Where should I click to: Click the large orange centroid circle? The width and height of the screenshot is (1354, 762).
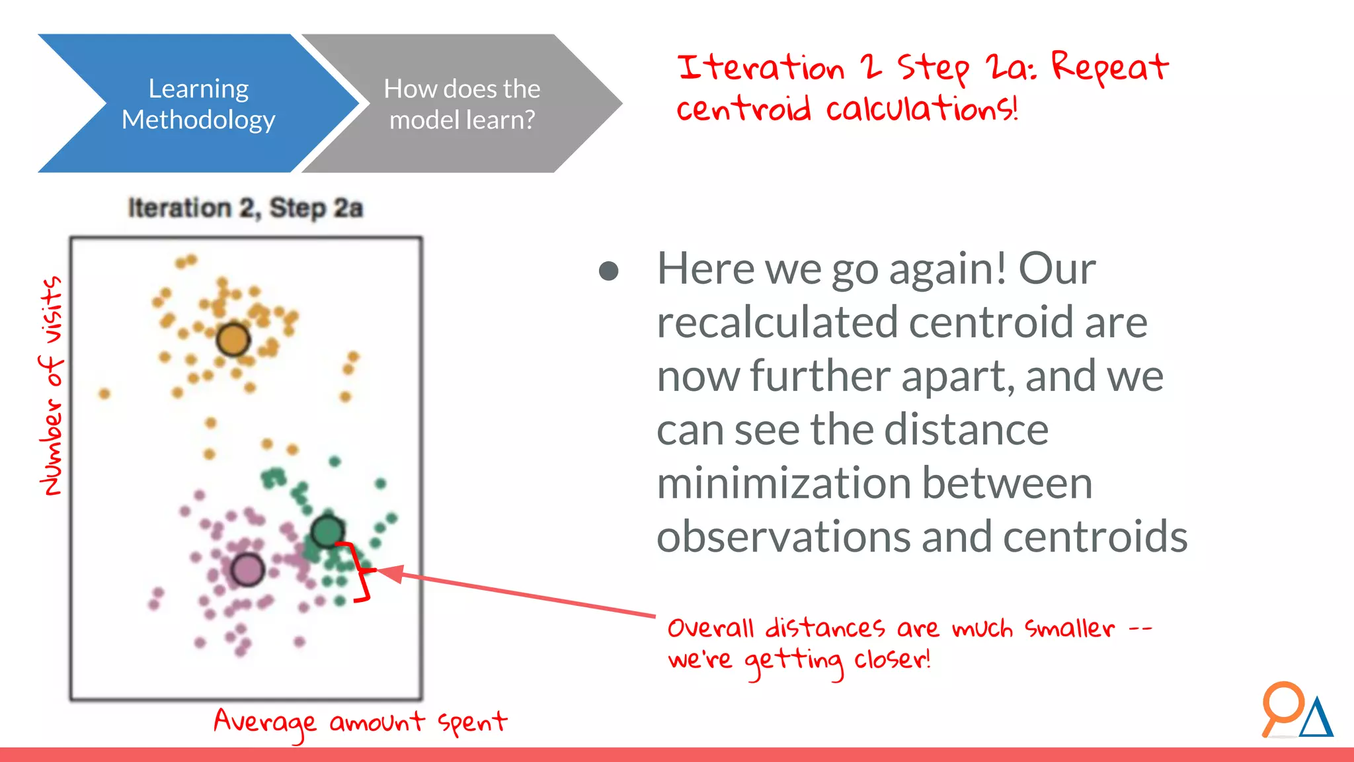[x=233, y=339]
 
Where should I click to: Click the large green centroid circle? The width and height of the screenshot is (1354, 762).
[x=327, y=530]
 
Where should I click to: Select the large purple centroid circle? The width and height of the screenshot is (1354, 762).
[x=248, y=570]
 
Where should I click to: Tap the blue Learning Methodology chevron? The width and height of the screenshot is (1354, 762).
[x=192, y=104]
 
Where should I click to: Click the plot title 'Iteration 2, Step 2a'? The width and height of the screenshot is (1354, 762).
[x=245, y=208]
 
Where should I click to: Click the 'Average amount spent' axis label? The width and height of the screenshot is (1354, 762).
[x=360, y=722]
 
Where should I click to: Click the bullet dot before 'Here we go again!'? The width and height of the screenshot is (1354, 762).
[x=608, y=271]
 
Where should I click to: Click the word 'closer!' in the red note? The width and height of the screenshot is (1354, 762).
[x=892, y=659]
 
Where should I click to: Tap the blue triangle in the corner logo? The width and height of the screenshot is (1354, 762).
[x=1316, y=720]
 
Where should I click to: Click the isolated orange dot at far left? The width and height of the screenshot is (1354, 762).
[x=104, y=394]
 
